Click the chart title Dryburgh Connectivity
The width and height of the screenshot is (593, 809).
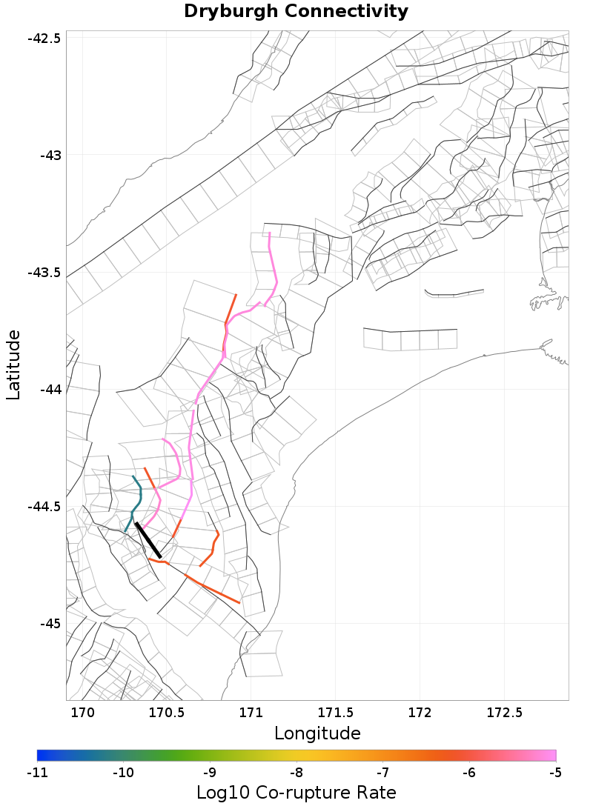pos(296,12)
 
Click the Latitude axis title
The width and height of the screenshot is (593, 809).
pos(14,365)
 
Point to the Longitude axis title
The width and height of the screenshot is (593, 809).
pos(317,733)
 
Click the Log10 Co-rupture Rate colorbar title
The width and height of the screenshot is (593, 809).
pos(296,793)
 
